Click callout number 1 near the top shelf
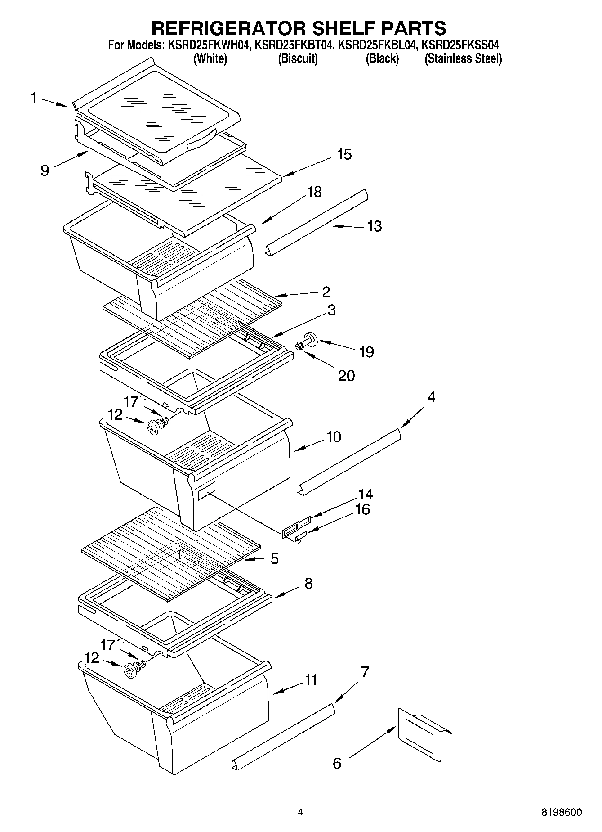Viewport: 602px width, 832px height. pos(34,97)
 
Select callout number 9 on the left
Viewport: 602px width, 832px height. pos(45,171)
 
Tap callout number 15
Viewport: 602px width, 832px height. pos(344,154)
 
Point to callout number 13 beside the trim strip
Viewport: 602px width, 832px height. pos(374,226)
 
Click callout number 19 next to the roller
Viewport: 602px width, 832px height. pos(366,352)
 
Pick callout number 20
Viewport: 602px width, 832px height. pos(346,375)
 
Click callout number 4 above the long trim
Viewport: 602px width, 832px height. pos(431,397)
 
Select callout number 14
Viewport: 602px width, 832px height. pos(366,494)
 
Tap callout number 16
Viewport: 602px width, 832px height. pos(362,509)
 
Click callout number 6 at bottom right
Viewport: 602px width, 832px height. pos(337,763)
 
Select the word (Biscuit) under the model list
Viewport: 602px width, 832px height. pos(298,59)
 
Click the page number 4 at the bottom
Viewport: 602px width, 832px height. pos(300,812)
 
